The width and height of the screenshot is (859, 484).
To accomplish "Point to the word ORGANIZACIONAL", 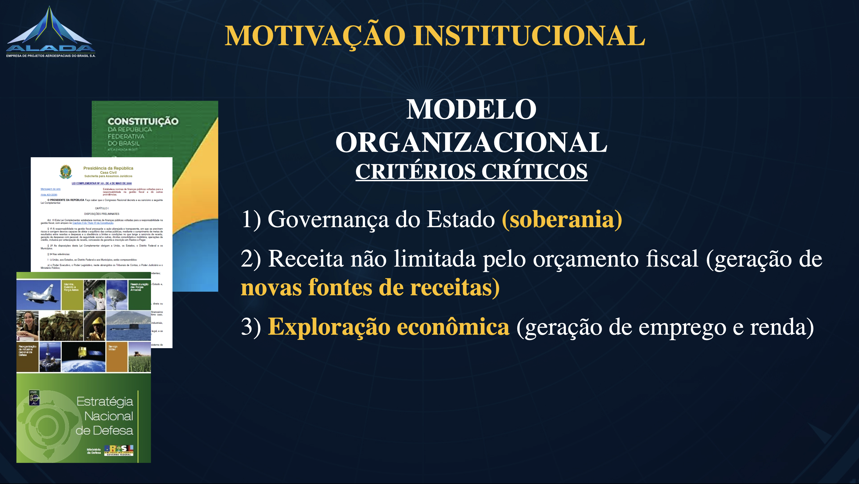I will (471, 142).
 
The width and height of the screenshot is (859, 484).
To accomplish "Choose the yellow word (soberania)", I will (562, 220).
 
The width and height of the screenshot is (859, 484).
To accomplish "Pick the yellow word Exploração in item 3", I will (328, 327).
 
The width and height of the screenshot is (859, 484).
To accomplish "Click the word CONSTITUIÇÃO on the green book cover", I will (143, 121).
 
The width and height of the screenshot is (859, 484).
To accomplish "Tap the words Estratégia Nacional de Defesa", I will (105, 416).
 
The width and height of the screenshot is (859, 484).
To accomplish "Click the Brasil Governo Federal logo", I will (119, 450).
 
